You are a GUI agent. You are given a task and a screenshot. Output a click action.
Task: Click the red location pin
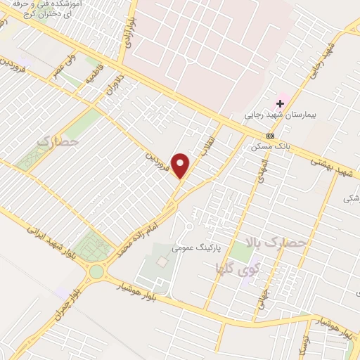[181, 165]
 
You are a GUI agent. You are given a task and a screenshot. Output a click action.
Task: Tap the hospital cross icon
[279, 103]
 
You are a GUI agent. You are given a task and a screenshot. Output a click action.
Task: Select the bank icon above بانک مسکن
[269, 136]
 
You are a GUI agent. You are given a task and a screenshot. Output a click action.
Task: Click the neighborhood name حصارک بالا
[276, 243]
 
